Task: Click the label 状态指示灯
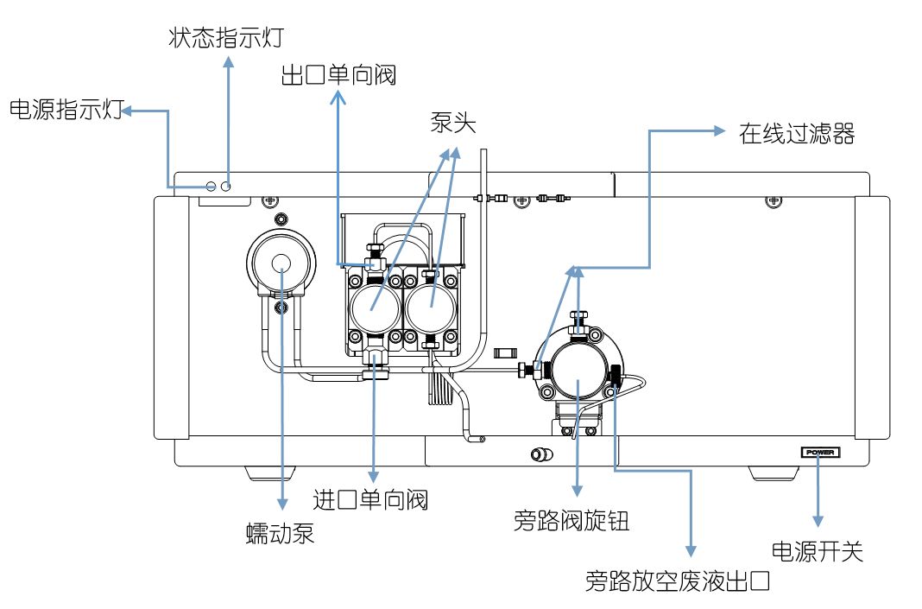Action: pyautogui.click(x=227, y=38)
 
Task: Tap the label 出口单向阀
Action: pyautogui.click(x=338, y=75)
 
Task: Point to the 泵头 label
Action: pyautogui.click(x=453, y=124)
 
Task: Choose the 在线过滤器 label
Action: pyautogui.click(x=796, y=134)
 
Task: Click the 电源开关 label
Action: pyautogui.click(x=816, y=551)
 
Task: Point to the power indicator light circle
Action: pyautogui.click(x=212, y=186)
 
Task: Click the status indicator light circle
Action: pyautogui.click(x=227, y=186)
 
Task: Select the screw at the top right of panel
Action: pyautogui.click(x=774, y=200)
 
